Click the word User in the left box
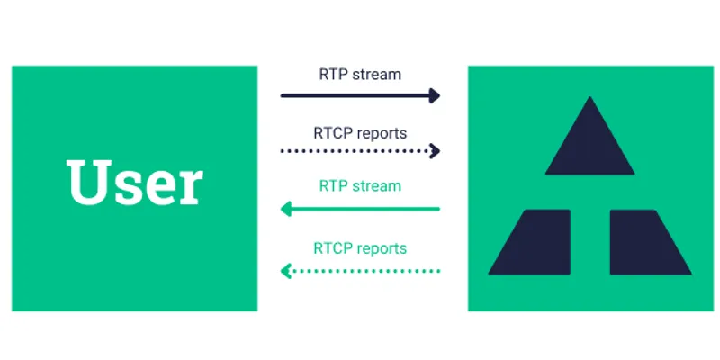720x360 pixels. click(x=135, y=184)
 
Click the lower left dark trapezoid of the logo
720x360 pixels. click(x=534, y=242)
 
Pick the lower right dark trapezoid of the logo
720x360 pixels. click(x=646, y=242)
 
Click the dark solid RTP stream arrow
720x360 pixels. click(x=360, y=94)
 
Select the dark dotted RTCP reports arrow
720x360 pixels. click(x=360, y=151)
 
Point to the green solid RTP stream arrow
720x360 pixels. click(x=360, y=209)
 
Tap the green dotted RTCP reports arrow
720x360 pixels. click(x=360, y=269)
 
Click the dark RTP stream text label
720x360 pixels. click(x=360, y=74)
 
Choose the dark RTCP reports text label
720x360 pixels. click(x=360, y=132)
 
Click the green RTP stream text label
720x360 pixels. click(x=360, y=187)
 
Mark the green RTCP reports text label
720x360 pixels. click(x=360, y=247)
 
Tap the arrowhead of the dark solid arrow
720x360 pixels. click(x=435, y=94)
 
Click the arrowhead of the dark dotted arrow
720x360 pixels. click(x=436, y=151)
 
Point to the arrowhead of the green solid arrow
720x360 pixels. click(x=286, y=209)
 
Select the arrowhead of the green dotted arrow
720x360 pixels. click(x=286, y=269)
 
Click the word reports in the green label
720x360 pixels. click(x=382, y=248)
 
